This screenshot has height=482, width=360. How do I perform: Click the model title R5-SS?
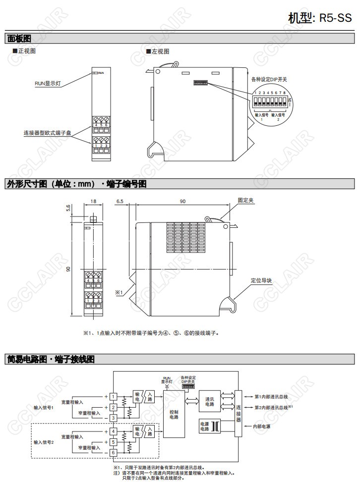coord(319,18)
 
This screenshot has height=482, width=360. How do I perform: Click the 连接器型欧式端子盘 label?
coord(47,133)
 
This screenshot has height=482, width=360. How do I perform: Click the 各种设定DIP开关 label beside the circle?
coord(269,79)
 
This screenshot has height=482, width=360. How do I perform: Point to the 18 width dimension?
coord(93,202)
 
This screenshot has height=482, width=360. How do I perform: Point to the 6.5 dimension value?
coord(120,202)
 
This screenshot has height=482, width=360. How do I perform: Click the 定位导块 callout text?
coord(261,280)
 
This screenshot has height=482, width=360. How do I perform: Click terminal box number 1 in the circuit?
coord(113,396)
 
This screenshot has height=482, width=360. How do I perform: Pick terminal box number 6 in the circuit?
coord(113,453)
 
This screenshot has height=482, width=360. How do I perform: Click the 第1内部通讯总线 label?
coord(270,396)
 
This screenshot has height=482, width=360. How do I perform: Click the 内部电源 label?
coord(262,426)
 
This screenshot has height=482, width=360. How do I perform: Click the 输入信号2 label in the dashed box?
coord(43,441)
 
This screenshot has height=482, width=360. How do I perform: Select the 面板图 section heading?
coord(19,38)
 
